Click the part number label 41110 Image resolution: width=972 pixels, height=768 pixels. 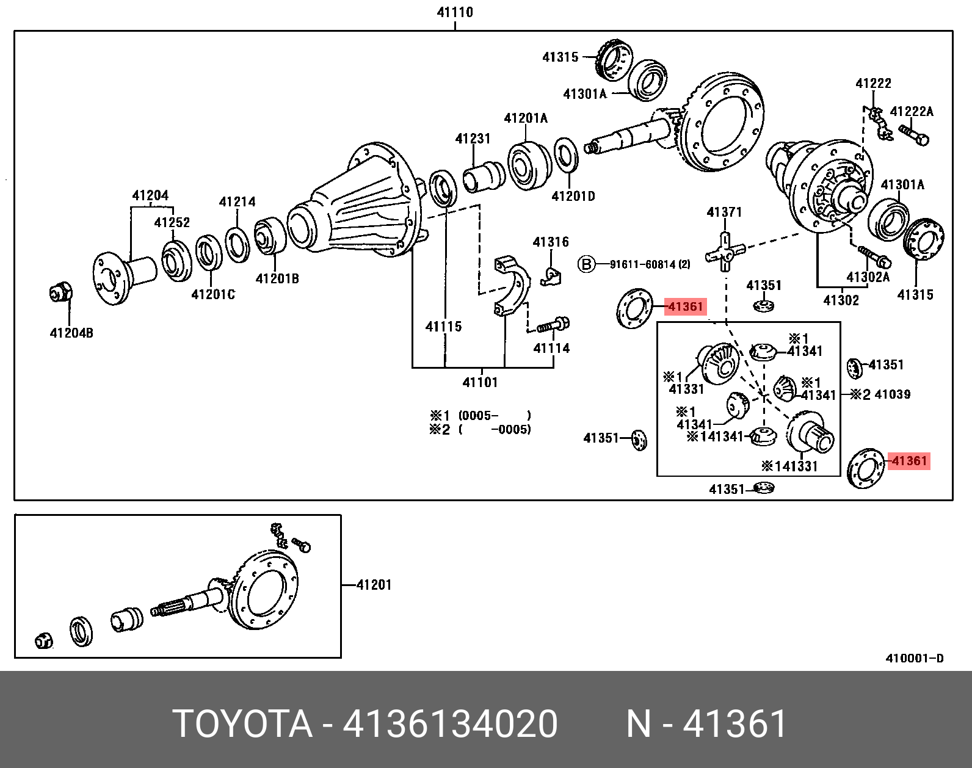pyautogui.click(x=455, y=12)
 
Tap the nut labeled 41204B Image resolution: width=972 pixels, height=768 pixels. pyautogui.click(x=60, y=294)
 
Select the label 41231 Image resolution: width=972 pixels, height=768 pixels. pyautogui.click(x=473, y=139)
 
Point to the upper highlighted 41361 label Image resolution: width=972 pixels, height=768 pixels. pyautogui.click(x=686, y=306)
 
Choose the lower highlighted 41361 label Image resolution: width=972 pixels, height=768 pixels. pyautogui.click(x=909, y=461)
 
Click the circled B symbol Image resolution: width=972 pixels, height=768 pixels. pyautogui.click(x=586, y=264)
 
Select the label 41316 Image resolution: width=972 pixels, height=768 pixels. pyautogui.click(x=551, y=242)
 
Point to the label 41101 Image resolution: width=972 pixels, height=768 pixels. pyautogui.click(x=480, y=383)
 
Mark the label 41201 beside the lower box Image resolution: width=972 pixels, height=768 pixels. pyautogui.click(x=374, y=585)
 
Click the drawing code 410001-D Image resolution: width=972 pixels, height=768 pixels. pyautogui.click(x=915, y=658)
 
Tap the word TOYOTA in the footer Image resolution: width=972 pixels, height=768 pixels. pyautogui.click(x=242, y=724)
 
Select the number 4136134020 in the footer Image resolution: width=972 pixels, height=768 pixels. pyautogui.click(x=450, y=724)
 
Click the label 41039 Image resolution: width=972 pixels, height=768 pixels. pyautogui.click(x=892, y=394)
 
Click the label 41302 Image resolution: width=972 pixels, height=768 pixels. pyautogui.click(x=841, y=300)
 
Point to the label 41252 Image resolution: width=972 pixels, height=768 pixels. pyautogui.click(x=172, y=223)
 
